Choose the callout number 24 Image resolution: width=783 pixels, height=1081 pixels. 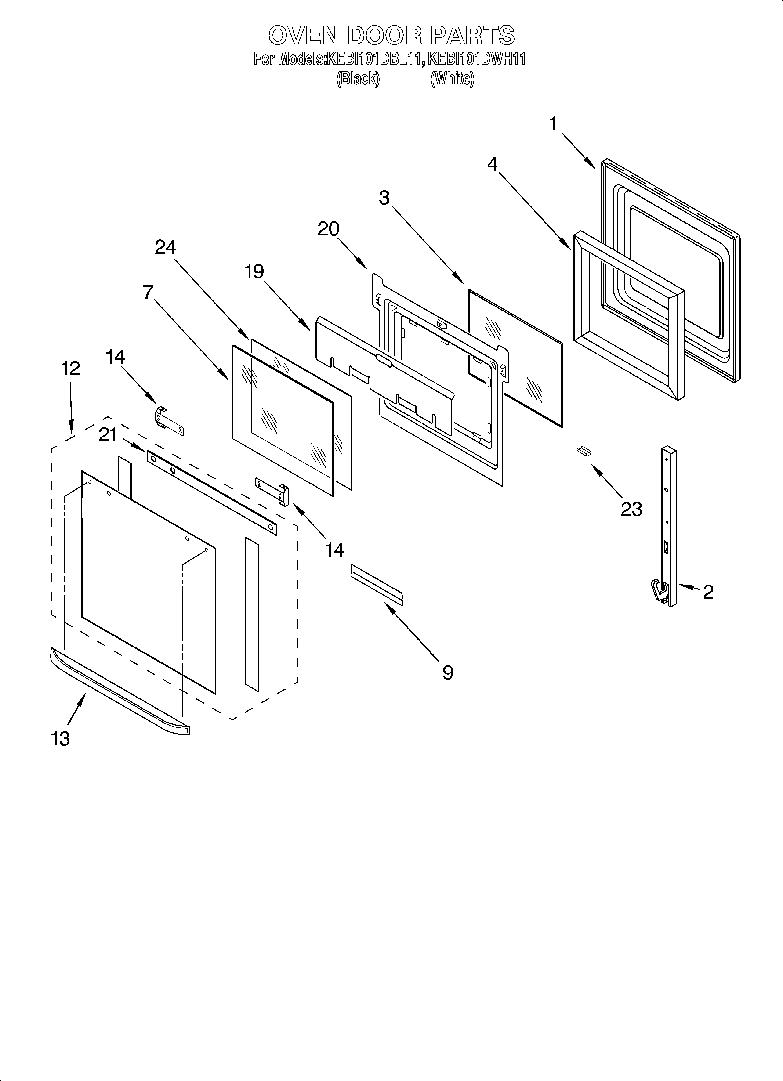pyautogui.click(x=166, y=247)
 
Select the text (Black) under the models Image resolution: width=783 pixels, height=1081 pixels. pyautogui.click(x=358, y=79)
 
